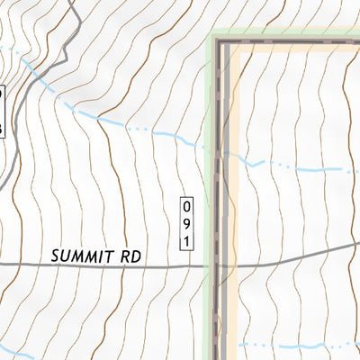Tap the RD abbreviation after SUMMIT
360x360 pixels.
[x=131, y=256]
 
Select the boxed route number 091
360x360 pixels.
[x=186, y=221]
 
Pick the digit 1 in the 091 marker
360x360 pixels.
[x=186, y=240]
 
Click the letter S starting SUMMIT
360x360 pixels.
[x=56, y=256]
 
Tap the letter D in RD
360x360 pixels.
[x=137, y=256]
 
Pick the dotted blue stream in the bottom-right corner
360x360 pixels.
[x=297, y=345]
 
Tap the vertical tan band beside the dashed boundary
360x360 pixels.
[x=232, y=180]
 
